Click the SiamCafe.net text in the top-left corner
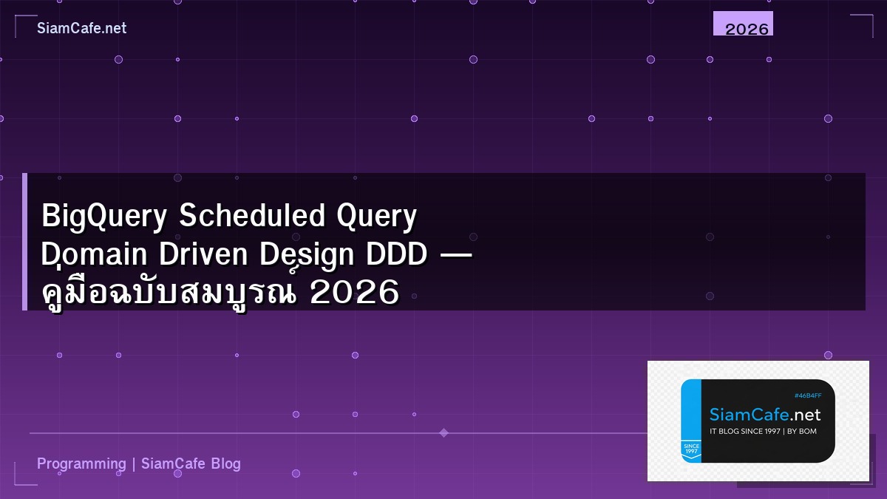coord(81,28)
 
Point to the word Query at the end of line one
coord(377,217)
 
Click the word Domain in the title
coord(93,255)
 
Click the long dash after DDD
coord(457,256)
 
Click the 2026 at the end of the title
coord(355,293)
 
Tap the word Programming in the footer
coord(81,464)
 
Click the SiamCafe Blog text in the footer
coord(191,464)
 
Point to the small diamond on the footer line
coord(443,432)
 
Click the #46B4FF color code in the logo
coord(807,396)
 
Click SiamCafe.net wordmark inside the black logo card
coord(765,415)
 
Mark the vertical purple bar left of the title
coord(24,242)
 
